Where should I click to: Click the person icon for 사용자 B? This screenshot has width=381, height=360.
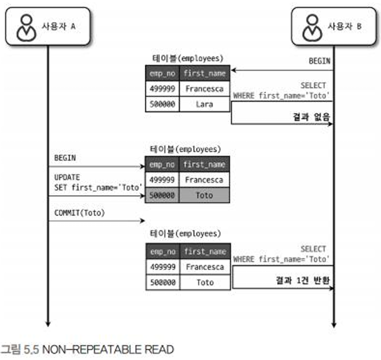[x=311, y=27]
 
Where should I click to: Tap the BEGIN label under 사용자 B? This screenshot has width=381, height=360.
[x=319, y=61]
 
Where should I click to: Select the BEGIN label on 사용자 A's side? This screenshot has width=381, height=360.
[x=64, y=158]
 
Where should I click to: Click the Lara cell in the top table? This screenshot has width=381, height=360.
[x=205, y=105]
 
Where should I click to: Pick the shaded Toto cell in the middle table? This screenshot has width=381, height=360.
[x=205, y=196]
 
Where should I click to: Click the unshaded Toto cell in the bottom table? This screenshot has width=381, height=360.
[x=205, y=283]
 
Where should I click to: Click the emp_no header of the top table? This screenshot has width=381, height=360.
[x=162, y=73]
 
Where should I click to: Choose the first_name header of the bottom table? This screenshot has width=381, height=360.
[x=205, y=251]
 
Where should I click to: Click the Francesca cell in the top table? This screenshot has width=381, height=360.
[x=205, y=89]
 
